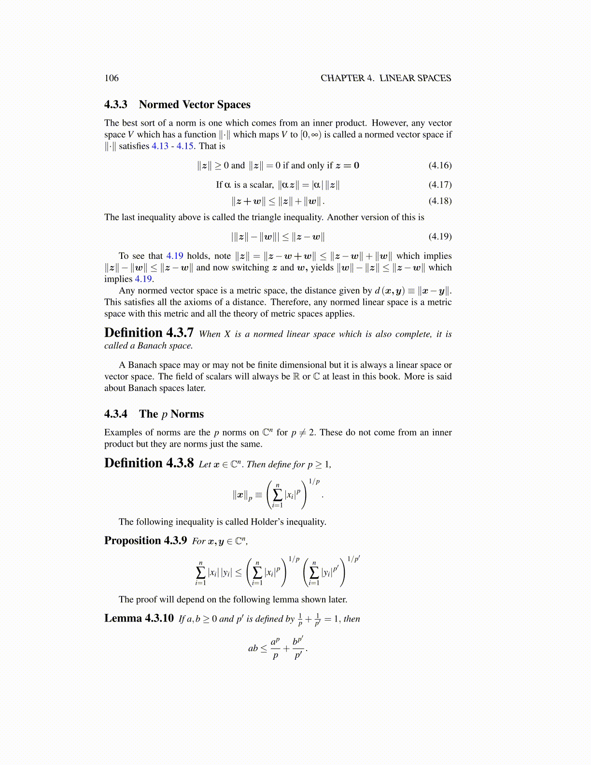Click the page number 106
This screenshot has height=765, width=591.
pyautogui.click(x=111, y=78)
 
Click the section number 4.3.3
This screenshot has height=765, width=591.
pyautogui.click(x=116, y=105)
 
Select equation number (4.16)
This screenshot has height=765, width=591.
pyautogui.click(x=440, y=166)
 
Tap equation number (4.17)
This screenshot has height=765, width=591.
pyautogui.click(x=440, y=185)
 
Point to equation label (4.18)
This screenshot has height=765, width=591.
pyautogui.click(x=440, y=201)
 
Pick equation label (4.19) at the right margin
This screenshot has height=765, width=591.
pyautogui.click(x=440, y=237)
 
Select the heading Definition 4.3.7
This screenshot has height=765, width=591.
pyautogui.click(x=149, y=333)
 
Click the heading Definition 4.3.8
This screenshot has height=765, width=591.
pyautogui.click(x=149, y=464)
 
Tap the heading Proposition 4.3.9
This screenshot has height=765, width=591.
pyautogui.click(x=145, y=541)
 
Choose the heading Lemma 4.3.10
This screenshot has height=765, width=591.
pyautogui.click(x=139, y=619)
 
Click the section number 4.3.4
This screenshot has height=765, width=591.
pyautogui.click(x=116, y=414)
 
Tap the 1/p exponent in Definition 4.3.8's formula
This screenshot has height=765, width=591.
pyautogui.click(x=314, y=482)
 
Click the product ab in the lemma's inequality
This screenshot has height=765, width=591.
pyautogui.click(x=253, y=649)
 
